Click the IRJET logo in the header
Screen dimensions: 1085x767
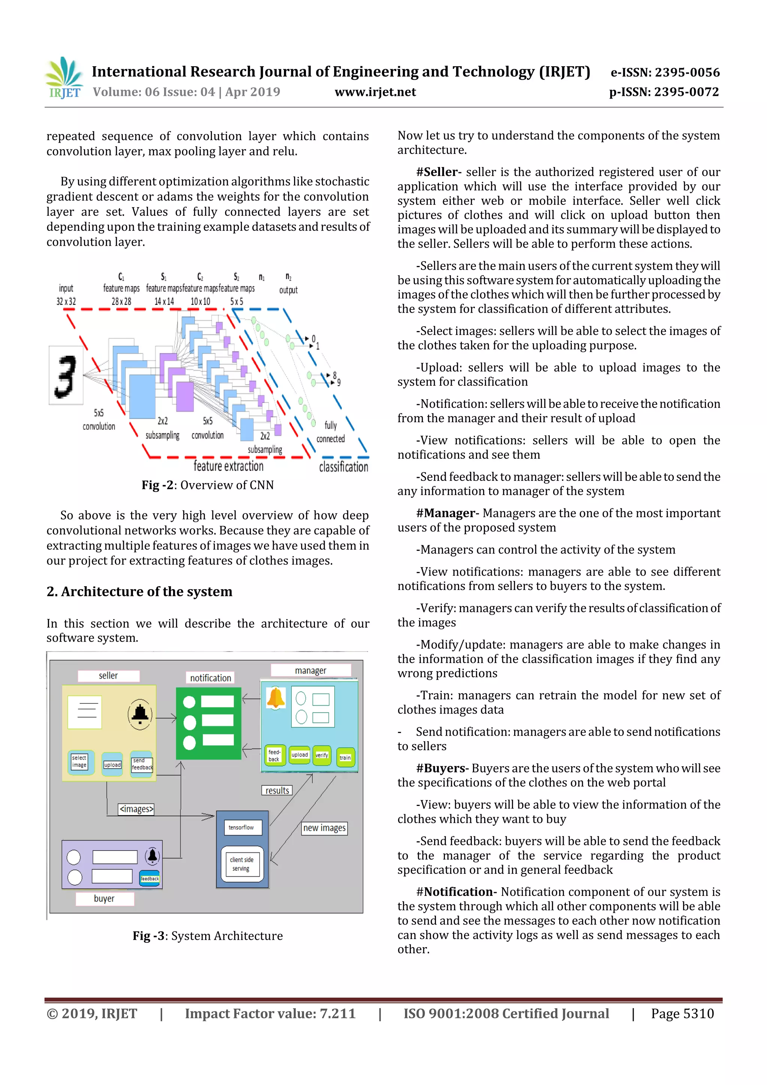pos(63,78)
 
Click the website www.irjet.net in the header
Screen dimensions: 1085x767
pos(375,92)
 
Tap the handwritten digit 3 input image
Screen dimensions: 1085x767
pos(66,375)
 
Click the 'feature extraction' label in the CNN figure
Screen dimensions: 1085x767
pos(228,466)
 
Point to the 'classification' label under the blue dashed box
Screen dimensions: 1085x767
pos(343,467)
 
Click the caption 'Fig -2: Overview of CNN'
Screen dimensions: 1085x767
pos(207,485)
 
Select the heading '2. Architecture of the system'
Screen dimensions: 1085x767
pos(139,592)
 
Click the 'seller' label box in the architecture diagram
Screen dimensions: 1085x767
pos(109,676)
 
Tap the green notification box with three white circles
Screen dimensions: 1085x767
pos(208,723)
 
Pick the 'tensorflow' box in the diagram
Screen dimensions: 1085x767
pos(241,827)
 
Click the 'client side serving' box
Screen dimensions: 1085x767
pos(242,864)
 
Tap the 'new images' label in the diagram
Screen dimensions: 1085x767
pos(324,828)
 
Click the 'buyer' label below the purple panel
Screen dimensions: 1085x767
pos(104,898)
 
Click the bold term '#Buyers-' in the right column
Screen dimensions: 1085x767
pos(442,769)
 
